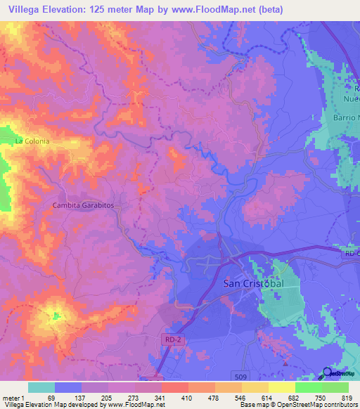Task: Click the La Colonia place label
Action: (x=32, y=141)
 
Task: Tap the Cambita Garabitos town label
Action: (x=83, y=204)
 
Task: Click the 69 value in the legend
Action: (x=50, y=398)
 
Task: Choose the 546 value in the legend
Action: (x=239, y=398)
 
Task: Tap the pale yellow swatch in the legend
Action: (x=282, y=387)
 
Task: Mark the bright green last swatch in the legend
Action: (x=335, y=387)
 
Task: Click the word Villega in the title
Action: (x=21, y=10)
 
